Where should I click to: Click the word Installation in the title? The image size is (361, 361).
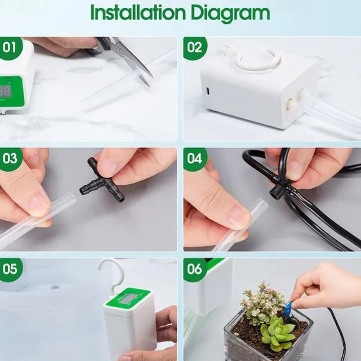(x=138, y=12)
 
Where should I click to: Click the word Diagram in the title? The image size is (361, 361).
(x=230, y=14)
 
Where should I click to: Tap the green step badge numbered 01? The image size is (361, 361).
(x=10, y=47)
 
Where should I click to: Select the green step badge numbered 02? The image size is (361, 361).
(x=195, y=48)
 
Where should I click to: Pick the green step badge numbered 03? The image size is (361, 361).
(x=10, y=159)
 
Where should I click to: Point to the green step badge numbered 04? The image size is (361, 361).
(x=195, y=159)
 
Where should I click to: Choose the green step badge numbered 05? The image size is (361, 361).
(x=10, y=269)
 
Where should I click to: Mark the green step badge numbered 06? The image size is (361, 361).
(x=195, y=269)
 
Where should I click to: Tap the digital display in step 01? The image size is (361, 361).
(x=5, y=92)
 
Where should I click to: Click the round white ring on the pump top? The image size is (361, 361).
(x=257, y=59)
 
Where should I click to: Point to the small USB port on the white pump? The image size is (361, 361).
(x=208, y=91)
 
